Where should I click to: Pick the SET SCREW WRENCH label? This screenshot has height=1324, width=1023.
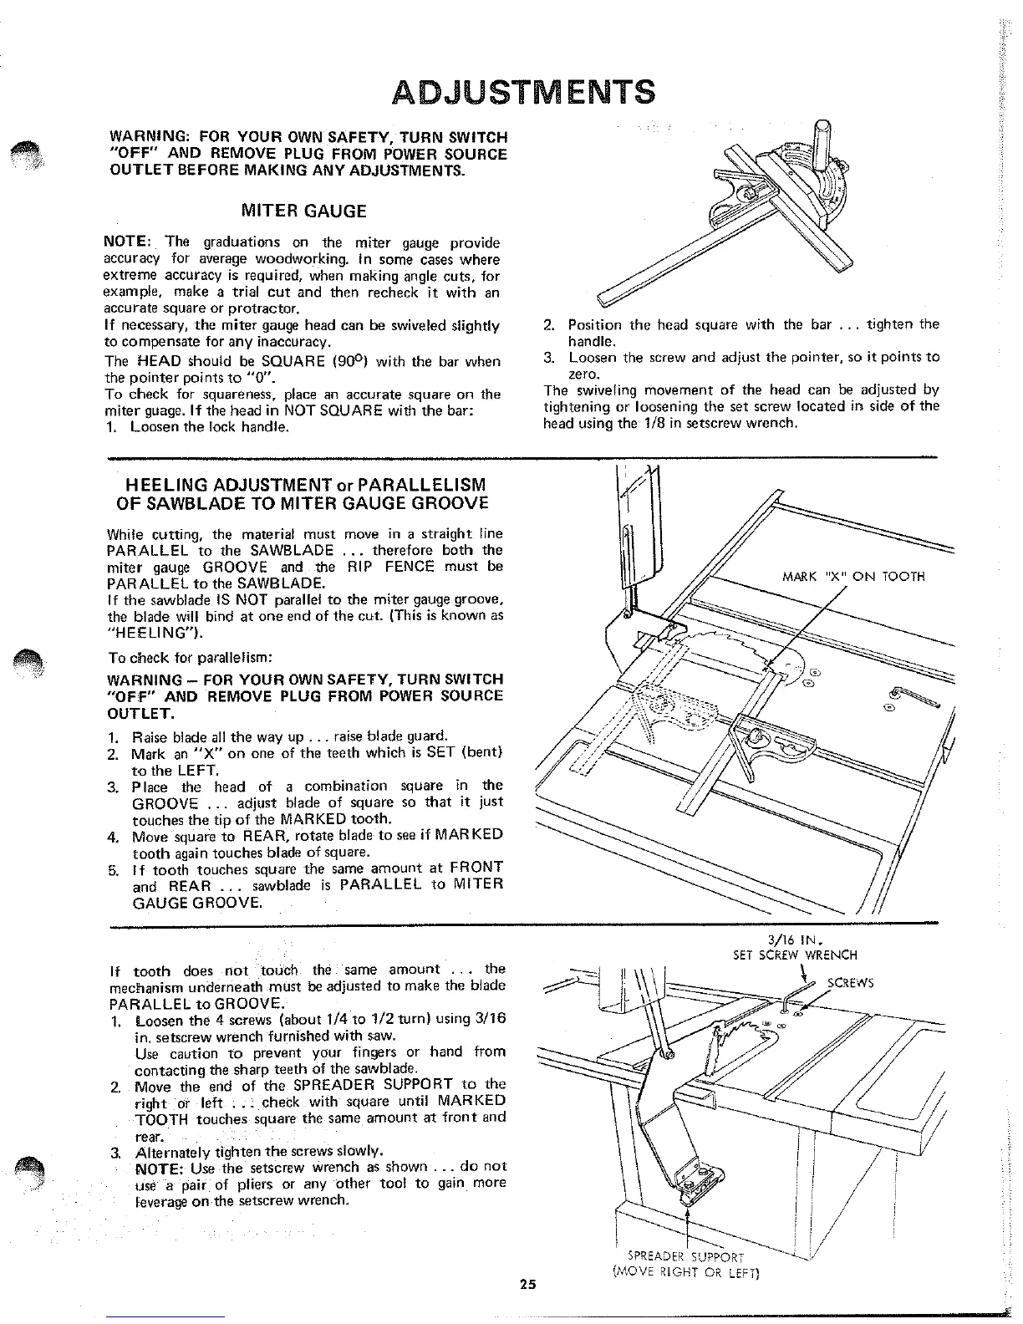(x=795, y=955)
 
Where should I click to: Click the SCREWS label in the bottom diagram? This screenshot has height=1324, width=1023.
(x=849, y=983)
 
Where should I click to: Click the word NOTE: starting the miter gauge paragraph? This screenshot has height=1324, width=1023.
(x=126, y=243)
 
